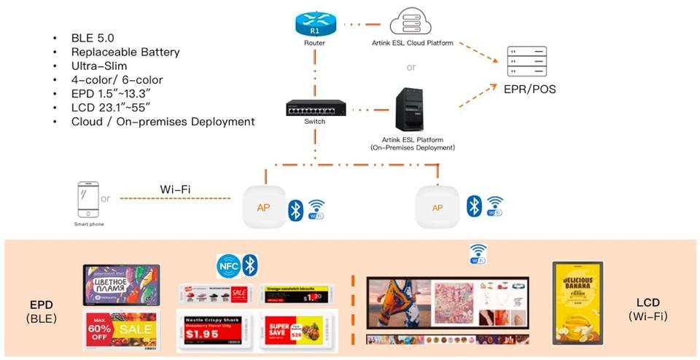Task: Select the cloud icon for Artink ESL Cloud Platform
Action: pyautogui.click(x=410, y=23)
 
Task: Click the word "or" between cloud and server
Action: pyautogui.click(x=411, y=67)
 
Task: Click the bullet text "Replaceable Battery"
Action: pyautogui.click(x=125, y=52)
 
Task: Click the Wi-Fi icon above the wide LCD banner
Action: pyautogui.click(x=478, y=254)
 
